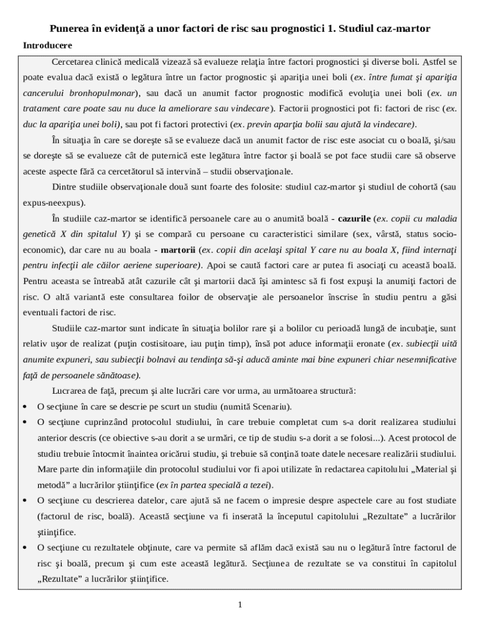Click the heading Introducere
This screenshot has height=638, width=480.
[x=47, y=45]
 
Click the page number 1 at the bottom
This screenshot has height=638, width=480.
[x=240, y=604]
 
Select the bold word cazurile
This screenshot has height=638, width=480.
[x=355, y=219]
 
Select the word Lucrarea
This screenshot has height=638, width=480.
[x=70, y=391]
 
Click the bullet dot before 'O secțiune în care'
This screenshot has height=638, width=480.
[x=24, y=407]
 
